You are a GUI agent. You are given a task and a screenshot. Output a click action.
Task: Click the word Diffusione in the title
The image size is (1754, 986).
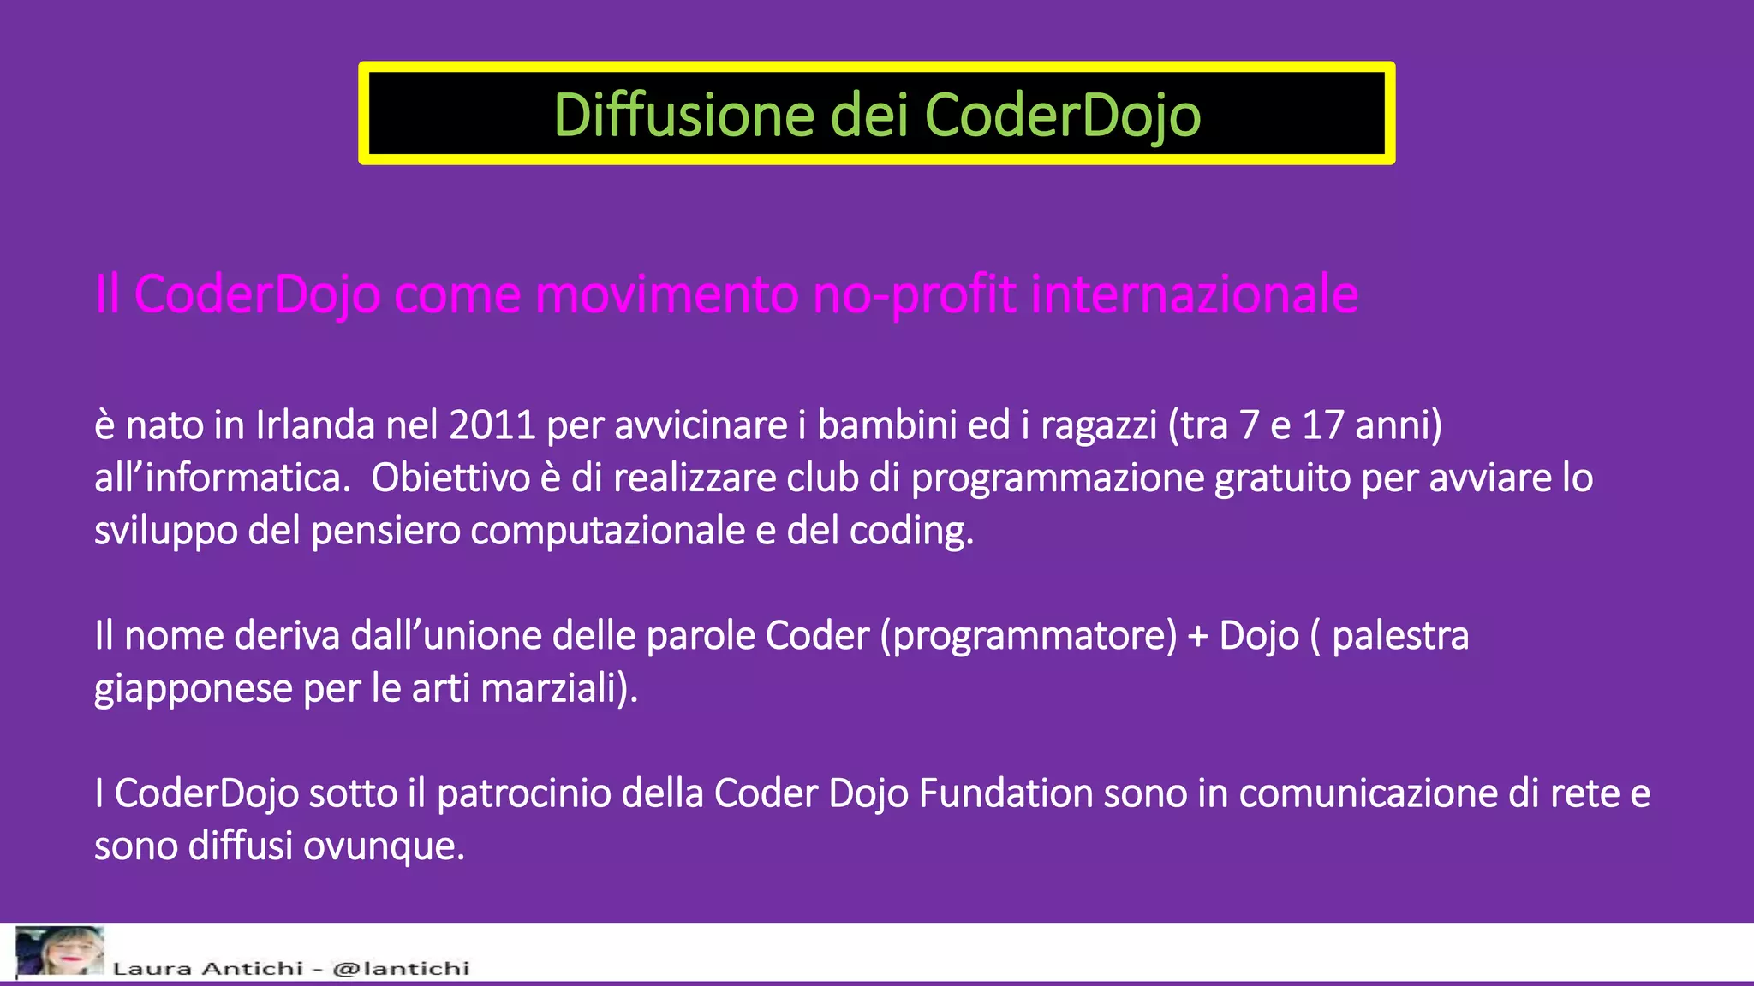(683, 115)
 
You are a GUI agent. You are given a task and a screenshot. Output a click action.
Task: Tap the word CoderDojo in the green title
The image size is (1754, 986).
(1062, 115)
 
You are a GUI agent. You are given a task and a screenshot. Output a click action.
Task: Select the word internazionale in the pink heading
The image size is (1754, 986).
(1194, 294)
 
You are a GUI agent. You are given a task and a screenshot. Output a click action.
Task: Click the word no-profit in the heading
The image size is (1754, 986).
(915, 294)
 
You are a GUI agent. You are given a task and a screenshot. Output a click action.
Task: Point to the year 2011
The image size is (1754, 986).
(492, 425)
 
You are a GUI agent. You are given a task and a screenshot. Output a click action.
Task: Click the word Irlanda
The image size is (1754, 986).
(315, 425)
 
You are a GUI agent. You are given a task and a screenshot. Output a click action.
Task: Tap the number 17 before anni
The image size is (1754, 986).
(1322, 425)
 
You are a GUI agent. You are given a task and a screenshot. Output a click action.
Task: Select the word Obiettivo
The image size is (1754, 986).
(450, 478)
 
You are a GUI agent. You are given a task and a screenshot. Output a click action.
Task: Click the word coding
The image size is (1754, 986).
(910, 531)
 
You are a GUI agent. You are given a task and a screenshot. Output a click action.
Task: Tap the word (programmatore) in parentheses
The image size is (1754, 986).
(1029, 636)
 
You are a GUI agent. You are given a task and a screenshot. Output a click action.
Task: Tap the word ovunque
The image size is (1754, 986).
(383, 846)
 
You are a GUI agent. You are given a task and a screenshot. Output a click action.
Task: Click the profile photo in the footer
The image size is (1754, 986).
(59, 950)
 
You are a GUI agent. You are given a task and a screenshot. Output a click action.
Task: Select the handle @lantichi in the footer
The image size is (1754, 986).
(401, 968)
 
